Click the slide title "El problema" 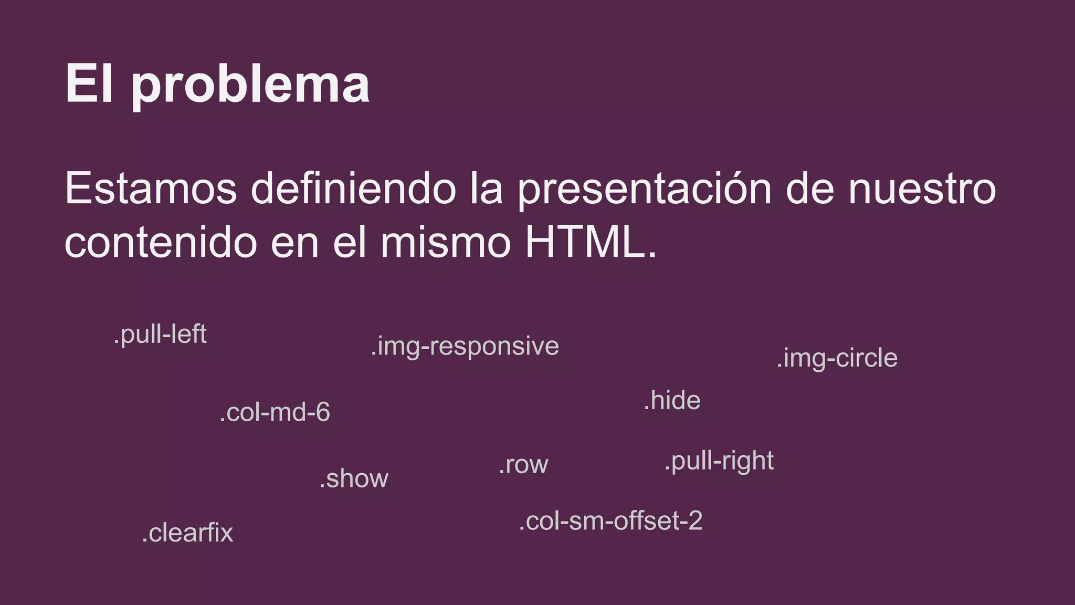point(217,84)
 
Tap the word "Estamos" point(151,189)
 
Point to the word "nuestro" point(922,189)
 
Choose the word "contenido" point(161,243)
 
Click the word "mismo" point(446,243)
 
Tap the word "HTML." point(591,243)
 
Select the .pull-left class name point(160,335)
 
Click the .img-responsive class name point(465,347)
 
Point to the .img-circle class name point(837,359)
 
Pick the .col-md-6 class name point(275,412)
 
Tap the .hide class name point(672,401)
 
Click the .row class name point(523,465)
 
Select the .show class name point(354,478)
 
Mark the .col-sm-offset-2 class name point(610,521)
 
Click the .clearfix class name point(187,533)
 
